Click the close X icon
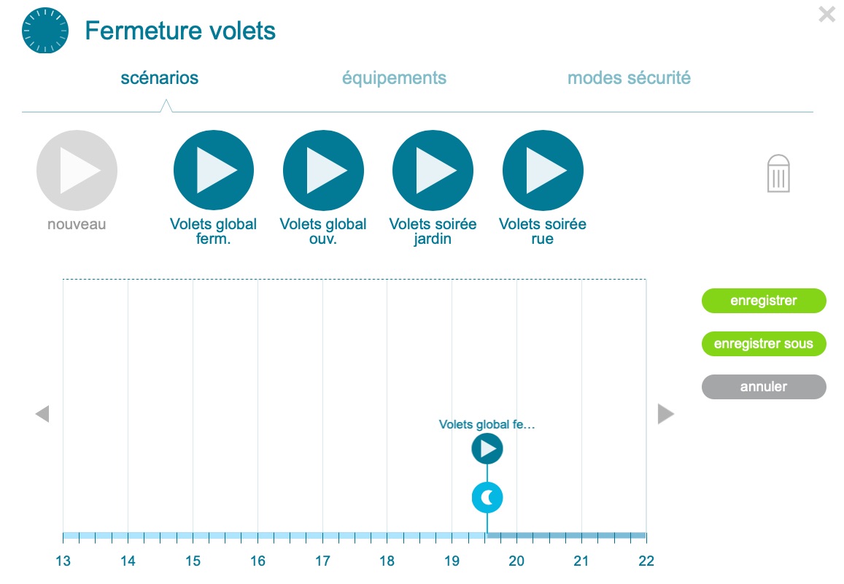pyautogui.click(x=826, y=14)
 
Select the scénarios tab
pyautogui.click(x=159, y=78)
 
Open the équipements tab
pyautogui.click(x=394, y=78)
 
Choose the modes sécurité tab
pyautogui.click(x=629, y=78)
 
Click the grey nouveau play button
pyautogui.click(x=77, y=170)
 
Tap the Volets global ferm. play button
pyautogui.click(x=214, y=170)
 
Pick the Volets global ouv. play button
pyautogui.click(x=323, y=170)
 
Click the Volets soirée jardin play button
pyautogui.click(x=433, y=170)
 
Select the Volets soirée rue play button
pyautogui.click(x=543, y=170)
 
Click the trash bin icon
pyautogui.click(x=778, y=174)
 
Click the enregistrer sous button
pyautogui.click(x=764, y=344)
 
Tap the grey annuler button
pyautogui.click(x=764, y=387)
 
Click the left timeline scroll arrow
pyautogui.click(x=42, y=414)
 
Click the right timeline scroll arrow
pyautogui.click(x=666, y=414)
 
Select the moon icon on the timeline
pyautogui.click(x=487, y=498)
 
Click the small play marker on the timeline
pyautogui.click(x=487, y=448)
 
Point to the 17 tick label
pyautogui.click(x=322, y=561)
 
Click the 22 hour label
pyautogui.click(x=646, y=561)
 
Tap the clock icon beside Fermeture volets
pyautogui.click(x=45, y=30)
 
